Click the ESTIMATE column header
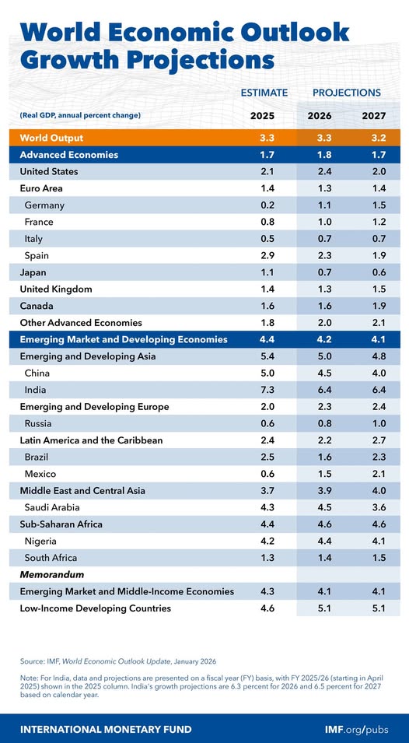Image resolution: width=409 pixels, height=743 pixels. (x=264, y=93)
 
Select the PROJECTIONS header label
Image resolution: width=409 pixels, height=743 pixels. (x=346, y=93)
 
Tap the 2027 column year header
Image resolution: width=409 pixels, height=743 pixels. (x=374, y=116)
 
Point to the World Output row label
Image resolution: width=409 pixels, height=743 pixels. (x=52, y=138)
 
